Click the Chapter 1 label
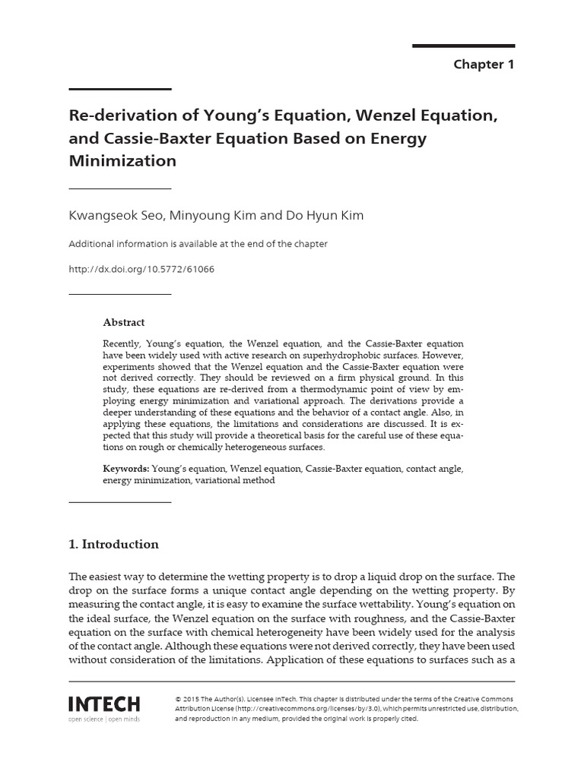(x=484, y=65)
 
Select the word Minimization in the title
(x=122, y=161)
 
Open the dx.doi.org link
(x=137, y=269)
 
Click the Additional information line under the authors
(x=198, y=244)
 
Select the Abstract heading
(x=123, y=322)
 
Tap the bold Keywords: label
(x=126, y=469)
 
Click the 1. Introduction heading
(x=114, y=544)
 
